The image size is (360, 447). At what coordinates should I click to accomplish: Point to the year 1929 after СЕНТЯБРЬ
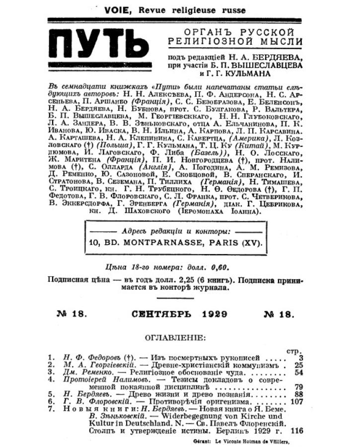tap(216, 314)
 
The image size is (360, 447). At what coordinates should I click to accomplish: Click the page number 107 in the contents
tap(296, 400)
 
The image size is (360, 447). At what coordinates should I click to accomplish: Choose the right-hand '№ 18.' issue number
tap(280, 314)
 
